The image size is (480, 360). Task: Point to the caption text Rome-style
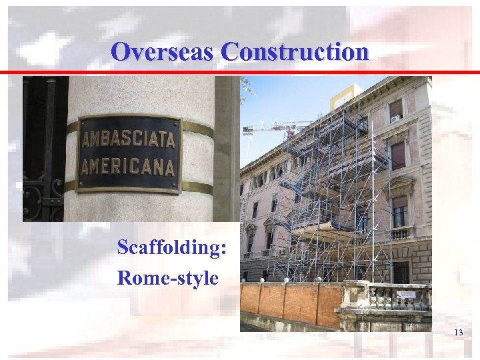pos(167,277)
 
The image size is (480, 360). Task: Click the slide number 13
pos(458,333)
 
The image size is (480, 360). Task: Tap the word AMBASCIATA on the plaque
pos(129,139)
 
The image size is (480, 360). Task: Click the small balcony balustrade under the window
pos(400,233)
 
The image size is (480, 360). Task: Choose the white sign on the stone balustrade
pos(406,294)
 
